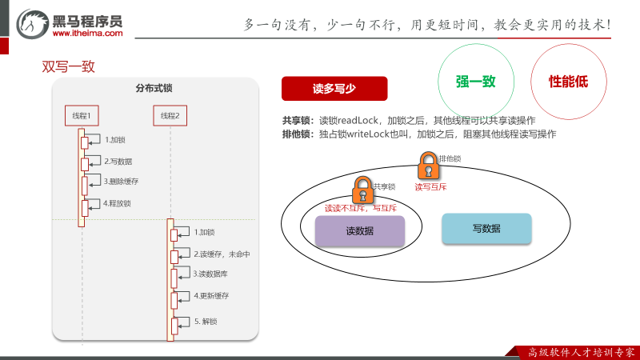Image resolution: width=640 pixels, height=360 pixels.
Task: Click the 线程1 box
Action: tap(81, 116)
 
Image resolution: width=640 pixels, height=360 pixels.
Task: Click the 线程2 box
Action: tap(170, 116)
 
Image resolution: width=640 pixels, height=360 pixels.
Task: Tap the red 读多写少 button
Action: tap(334, 88)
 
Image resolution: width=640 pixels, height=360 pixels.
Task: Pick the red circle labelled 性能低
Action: tap(568, 81)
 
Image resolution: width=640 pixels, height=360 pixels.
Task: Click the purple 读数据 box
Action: tap(360, 230)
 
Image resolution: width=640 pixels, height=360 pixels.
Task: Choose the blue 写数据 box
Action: tap(486, 229)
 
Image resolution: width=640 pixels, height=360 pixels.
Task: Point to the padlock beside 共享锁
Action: tap(362, 190)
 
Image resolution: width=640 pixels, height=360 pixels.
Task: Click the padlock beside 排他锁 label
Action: tap(428, 166)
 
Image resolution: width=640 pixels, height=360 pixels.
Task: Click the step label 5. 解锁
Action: tap(206, 322)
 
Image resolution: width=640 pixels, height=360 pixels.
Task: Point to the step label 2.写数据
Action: tap(118, 161)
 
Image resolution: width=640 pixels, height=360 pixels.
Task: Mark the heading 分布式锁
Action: tap(153, 88)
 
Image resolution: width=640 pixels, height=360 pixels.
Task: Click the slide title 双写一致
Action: tap(68, 66)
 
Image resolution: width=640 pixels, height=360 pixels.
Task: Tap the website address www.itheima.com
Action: tap(88, 33)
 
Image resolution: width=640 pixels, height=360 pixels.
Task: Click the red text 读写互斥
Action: tap(430, 187)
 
